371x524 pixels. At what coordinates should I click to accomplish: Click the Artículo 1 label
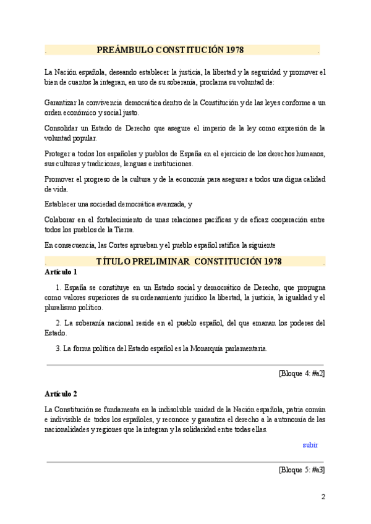tap(61, 272)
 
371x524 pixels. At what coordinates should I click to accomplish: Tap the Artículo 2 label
tap(61, 393)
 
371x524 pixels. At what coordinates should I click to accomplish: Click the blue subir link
tap(310, 444)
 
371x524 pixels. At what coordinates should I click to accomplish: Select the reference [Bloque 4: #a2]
tap(302, 373)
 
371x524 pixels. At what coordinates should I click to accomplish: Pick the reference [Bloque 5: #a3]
tap(302, 470)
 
